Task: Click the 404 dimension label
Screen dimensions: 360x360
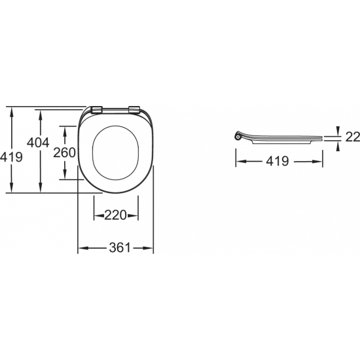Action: (38, 143)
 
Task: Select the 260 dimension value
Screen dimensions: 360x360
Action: (65, 153)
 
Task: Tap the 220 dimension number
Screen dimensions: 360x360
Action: (116, 215)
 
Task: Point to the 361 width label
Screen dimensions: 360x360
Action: (120, 247)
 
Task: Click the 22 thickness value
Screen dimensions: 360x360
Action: (353, 137)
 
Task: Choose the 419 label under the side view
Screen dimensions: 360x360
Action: (278, 161)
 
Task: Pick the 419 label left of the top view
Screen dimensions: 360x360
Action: (11, 157)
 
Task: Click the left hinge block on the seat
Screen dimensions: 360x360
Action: (96, 110)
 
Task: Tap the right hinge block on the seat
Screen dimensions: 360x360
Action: (134, 110)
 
